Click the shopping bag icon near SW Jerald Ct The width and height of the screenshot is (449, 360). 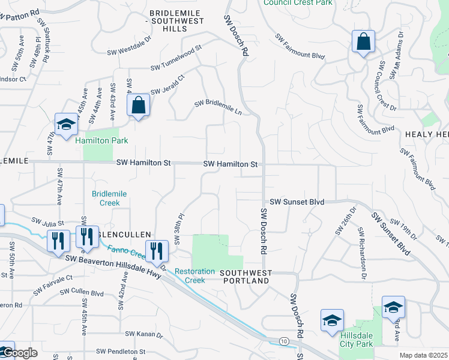point(138,106)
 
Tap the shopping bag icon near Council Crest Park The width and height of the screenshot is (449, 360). point(363,42)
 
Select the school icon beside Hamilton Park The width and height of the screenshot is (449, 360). point(66,125)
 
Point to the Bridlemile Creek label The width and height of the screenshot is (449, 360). point(106,199)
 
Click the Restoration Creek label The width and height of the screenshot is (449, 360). point(194,275)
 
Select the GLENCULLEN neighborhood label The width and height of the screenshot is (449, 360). point(123,235)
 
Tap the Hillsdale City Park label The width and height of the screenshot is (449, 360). point(357,339)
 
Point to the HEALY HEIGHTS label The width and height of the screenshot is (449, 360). point(426,135)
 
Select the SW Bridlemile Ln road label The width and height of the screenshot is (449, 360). point(218,107)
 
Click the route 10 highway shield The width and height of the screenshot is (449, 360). point(283,341)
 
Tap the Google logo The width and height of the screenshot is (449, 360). point(20,353)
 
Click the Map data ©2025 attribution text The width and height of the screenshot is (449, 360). point(423,355)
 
